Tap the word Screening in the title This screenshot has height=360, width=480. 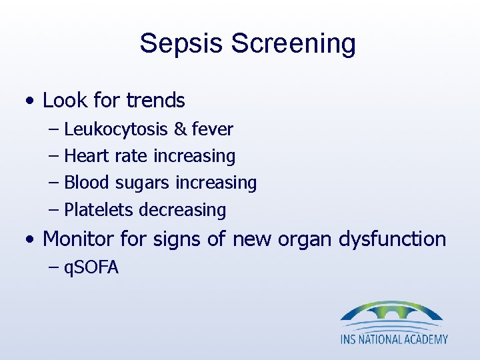293,43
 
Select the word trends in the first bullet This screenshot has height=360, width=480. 155,101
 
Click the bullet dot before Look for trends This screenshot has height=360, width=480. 29,102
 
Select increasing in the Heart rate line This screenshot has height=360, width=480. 194,156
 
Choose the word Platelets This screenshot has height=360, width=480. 99,210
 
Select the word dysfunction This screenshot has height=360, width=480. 393,239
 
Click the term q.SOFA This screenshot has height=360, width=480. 91,268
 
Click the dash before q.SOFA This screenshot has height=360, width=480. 54,268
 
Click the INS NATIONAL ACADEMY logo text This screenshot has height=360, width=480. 394,339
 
